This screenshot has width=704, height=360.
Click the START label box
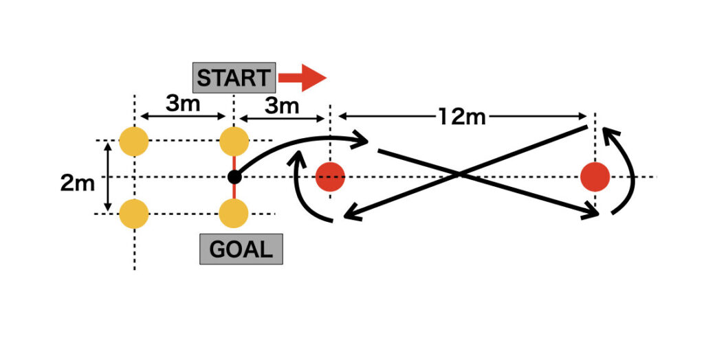(x=234, y=78)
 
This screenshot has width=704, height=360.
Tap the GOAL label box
(x=241, y=249)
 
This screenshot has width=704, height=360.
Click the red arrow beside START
(x=302, y=78)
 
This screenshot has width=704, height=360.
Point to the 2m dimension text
(x=77, y=183)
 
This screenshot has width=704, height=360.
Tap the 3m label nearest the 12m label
(x=283, y=106)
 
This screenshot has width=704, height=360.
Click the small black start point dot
(x=234, y=177)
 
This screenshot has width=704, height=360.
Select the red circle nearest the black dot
(x=330, y=177)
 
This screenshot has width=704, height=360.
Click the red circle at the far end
(x=595, y=177)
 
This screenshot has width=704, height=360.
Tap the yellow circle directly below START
(x=234, y=142)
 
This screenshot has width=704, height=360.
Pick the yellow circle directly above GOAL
(x=234, y=213)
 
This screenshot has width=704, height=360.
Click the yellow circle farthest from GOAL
(x=134, y=142)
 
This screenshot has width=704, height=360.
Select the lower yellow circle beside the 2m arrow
(x=134, y=213)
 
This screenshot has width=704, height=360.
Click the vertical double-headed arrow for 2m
(x=107, y=177)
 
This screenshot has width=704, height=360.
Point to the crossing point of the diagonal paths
(x=459, y=175)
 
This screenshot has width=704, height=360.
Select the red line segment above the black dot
(x=234, y=164)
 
